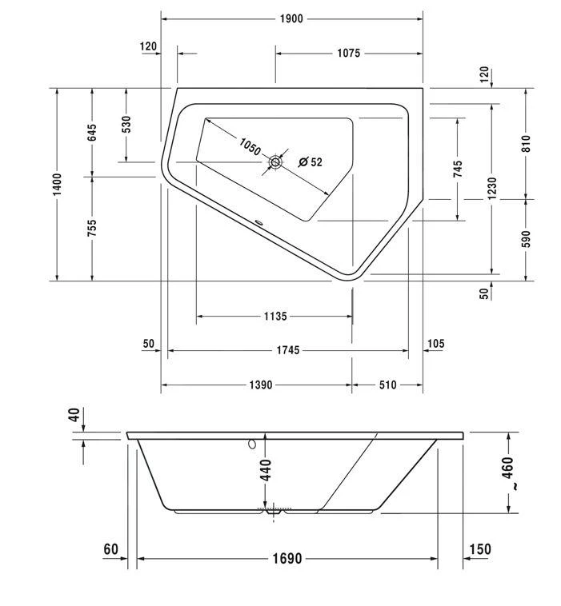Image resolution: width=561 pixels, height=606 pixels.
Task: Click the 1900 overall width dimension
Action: click(291, 18)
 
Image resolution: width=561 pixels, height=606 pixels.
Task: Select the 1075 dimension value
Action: click(348, 54)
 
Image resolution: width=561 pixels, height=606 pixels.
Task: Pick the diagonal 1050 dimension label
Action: click(249, 146)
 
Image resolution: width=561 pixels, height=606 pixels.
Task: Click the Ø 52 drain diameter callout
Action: click(309, 162)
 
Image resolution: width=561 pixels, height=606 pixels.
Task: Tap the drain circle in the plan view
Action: click(275, 162)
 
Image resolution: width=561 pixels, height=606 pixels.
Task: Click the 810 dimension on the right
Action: click(526, 143)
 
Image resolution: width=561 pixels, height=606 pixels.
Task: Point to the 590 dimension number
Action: click(526, 239)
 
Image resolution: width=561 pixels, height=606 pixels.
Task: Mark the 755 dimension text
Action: click(92, 229)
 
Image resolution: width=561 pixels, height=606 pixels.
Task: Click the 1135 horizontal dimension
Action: click(274, 317)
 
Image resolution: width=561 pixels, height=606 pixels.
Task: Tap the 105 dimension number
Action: click(436, 344)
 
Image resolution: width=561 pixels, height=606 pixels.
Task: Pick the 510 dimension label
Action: click(387, 385)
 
